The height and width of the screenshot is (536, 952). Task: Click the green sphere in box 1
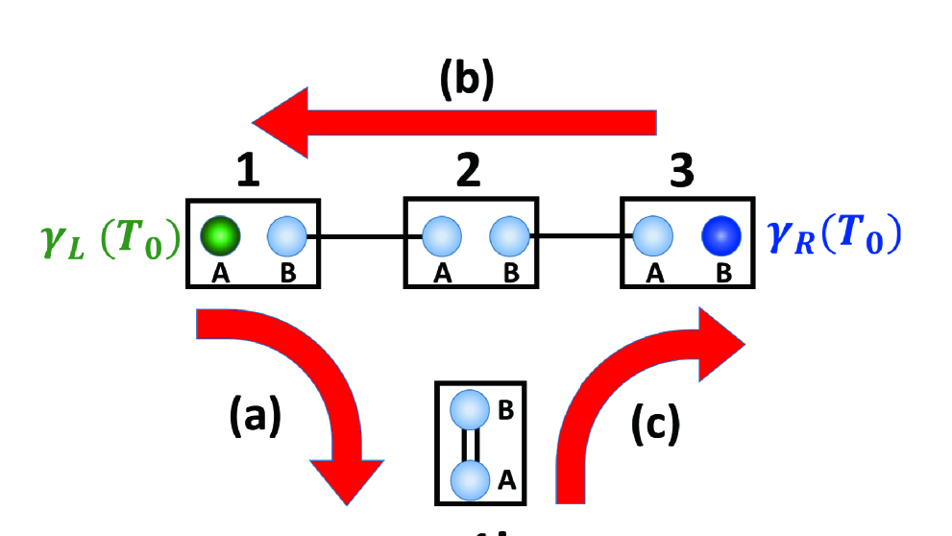220,235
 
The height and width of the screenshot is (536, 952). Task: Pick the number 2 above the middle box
470,171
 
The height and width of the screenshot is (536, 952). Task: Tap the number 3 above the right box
684,171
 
